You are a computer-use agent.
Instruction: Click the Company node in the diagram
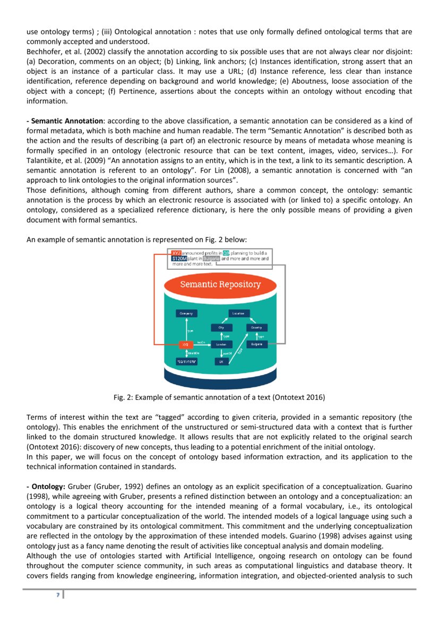186,313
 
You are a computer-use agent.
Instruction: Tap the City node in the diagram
221,328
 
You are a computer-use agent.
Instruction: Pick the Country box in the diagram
257,328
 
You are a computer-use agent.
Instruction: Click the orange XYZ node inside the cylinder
185,345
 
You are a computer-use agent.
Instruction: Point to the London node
221,345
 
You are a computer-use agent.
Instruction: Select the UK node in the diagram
221,361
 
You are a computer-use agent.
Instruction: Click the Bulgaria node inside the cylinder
257,345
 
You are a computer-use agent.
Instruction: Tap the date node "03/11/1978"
186,361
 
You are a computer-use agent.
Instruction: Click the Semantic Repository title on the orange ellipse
220,284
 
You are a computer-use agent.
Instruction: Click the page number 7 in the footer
57,595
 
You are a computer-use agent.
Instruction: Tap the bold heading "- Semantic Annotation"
65,121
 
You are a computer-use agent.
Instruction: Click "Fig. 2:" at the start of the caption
124,397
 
